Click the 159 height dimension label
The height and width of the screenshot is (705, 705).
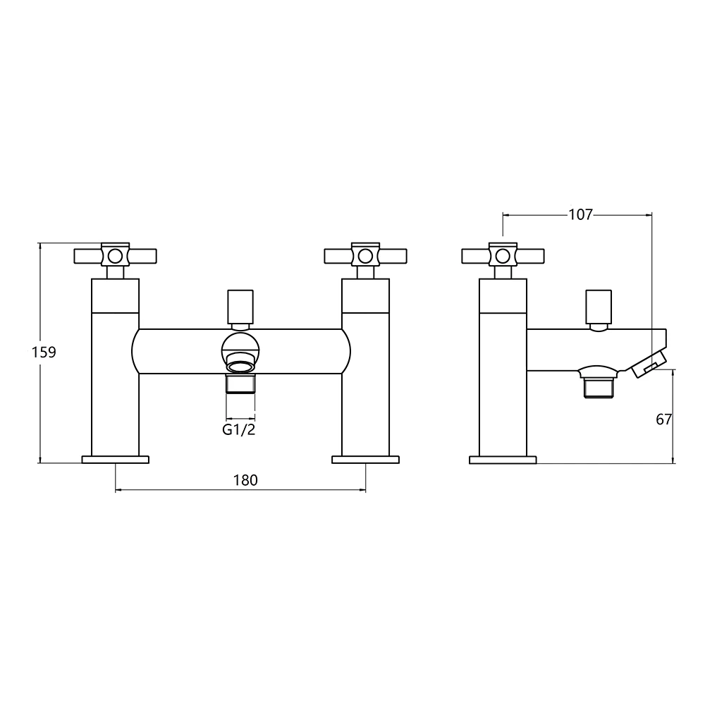point(44,352)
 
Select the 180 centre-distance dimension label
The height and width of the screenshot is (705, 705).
point(245,480)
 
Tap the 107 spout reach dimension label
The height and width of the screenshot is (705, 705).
point(580,214)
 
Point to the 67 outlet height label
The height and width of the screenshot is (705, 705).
point(663,419)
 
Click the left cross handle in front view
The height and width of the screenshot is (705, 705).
point(115,255)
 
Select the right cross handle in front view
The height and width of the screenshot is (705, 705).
point(364,255)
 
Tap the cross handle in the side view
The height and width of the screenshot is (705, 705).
point(502,255)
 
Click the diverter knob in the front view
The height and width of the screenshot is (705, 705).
point(240,305)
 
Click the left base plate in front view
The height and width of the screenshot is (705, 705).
point(116,460)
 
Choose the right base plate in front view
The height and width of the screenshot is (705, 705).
point(365,460)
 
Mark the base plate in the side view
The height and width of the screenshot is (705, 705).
point(503,460)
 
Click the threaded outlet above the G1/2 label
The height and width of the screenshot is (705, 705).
point(240,385)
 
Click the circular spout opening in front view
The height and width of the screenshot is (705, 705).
point(240,348)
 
